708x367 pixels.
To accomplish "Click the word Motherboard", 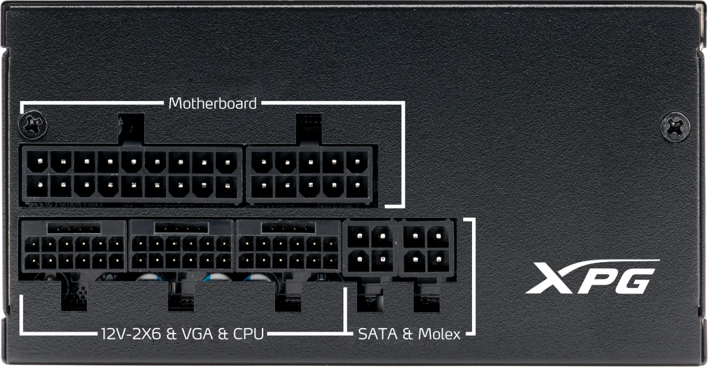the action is (212, 103).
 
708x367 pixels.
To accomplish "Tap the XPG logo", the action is (592, 277).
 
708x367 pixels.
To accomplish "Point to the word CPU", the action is (248, 334).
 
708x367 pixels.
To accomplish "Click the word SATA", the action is (378, 334).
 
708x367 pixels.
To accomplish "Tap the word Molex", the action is (439, 334).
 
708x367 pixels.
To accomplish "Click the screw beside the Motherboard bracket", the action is (33, 125).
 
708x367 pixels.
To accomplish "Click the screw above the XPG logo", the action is (675, 127).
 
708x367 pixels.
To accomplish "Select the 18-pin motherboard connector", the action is (132, 174).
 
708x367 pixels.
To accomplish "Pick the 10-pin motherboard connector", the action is (309, 174).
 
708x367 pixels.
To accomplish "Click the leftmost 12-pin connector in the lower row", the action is (74, 246).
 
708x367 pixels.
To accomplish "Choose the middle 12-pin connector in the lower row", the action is (182, 246).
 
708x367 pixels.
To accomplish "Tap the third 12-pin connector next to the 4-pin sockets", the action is (289, 246).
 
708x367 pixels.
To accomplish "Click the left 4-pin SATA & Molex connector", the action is (370, 248).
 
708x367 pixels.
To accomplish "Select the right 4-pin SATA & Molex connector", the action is (427, 248).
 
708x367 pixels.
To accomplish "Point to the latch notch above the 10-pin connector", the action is (309, 130).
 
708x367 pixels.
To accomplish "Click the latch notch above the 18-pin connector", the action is (131, 130).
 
